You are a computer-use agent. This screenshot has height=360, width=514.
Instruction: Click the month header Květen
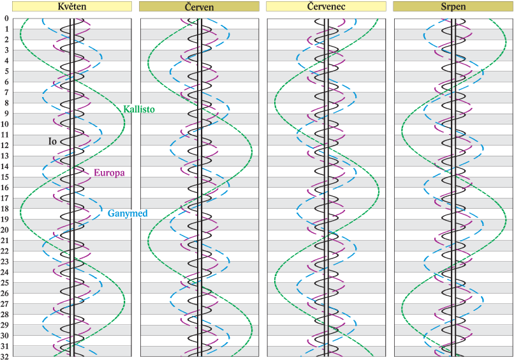[x=71, y=7]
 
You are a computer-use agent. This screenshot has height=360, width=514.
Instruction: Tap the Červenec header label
[x=325, y=7]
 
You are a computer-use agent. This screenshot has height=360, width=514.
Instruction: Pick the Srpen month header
[x=453, y=7]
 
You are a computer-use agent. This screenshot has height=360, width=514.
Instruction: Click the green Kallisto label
[x=138, y=109]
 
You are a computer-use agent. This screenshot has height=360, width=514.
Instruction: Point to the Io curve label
[x=53, y=140]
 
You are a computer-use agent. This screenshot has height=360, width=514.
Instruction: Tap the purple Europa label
[x=109, y=172]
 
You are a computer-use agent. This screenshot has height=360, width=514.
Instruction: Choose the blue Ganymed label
[x=128, y=213]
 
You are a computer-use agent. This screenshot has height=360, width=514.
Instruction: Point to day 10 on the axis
[x=5, y=124]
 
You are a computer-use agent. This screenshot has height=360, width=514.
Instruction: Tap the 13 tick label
[x=5, y=156]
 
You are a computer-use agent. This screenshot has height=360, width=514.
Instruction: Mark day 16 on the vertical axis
[x=5, y=188]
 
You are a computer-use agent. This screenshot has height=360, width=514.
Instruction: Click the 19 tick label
[x=5, y=220]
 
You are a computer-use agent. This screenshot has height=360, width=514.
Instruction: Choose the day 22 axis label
[x=5, y=251]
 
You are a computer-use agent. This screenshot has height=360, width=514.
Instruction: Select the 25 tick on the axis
[x=5, y=283]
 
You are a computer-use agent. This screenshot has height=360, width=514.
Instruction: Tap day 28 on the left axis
[x=5, y=315]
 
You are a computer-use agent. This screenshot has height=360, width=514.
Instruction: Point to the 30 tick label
[x=5, y=336]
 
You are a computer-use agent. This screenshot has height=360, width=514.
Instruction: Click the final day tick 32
[x=5, y=356]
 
